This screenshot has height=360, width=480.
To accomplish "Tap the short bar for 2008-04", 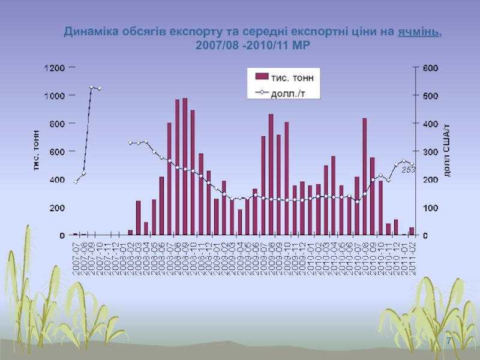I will [x=146, y=229].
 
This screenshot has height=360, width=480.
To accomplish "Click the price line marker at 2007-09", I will [x=91, y=87].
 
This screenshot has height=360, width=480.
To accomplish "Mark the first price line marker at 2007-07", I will [x=76, y=182].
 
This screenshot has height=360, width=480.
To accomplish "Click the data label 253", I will [x=408, y=170].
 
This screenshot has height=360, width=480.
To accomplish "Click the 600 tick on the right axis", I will [x=431, y=68].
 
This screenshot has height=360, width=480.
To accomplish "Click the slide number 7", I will [x=448, y=341].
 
